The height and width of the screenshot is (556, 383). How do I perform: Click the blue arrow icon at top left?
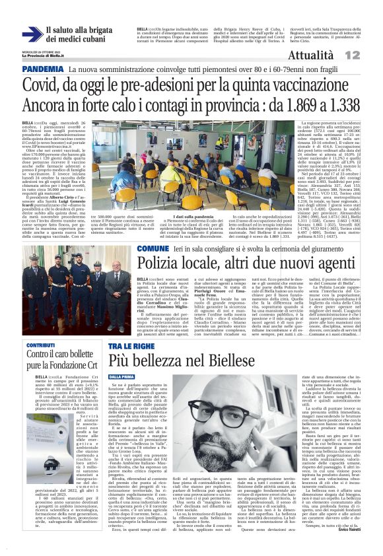coord(32,35)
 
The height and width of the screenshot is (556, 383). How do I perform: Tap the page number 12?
coord(370,55)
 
